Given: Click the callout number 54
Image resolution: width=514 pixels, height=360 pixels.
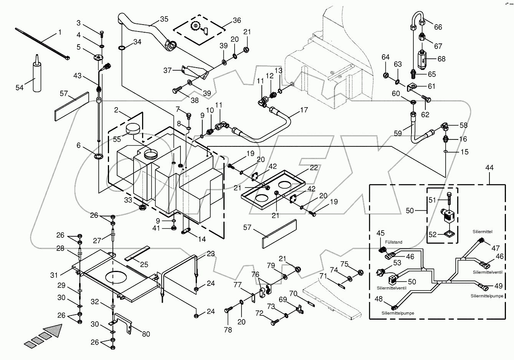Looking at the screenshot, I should (20, 88).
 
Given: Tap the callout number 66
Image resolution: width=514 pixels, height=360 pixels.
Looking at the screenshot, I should (438, 27).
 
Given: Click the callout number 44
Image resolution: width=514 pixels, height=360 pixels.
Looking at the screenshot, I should (489, 168).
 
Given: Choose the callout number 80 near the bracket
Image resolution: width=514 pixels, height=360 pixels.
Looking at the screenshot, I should (146, 334).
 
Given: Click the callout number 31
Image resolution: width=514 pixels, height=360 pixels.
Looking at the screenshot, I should (54, 275).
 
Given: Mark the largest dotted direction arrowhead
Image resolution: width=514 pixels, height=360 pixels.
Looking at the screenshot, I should (53, 331).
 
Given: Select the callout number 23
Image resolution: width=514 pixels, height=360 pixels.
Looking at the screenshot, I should (211, 253).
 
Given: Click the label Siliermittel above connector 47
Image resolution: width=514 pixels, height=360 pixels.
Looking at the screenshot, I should (482, 232).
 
